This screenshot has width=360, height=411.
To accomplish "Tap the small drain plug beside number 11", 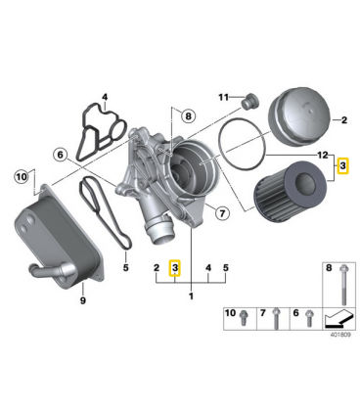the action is click(x=249, y=102).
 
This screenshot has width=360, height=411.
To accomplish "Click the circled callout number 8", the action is click(x=188, y=115).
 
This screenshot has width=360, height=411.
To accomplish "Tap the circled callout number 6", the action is click(x=61, y=155).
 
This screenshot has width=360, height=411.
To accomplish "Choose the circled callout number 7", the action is click(x=223, y=213).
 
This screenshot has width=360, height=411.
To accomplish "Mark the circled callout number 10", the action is click(x=21, y=177).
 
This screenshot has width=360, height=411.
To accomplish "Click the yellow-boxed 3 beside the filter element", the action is click(x=342, y=166).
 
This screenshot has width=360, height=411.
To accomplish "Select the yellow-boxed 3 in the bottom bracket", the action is click(x=175, y=268).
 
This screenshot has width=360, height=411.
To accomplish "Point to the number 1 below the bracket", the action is click(x=191, y=297).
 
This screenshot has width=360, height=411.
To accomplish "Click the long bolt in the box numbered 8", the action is click(x=342, y=285).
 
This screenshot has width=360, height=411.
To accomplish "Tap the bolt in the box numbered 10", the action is click(x=243, y=318).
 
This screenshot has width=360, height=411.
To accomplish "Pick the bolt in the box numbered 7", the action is click(x=276, y=318).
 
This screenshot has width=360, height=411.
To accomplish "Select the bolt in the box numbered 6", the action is click(x=308, y=319).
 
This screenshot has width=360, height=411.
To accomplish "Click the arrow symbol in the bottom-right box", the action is click(x=338, y=319).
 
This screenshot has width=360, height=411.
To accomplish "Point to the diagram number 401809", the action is click(x=340, y=335).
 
